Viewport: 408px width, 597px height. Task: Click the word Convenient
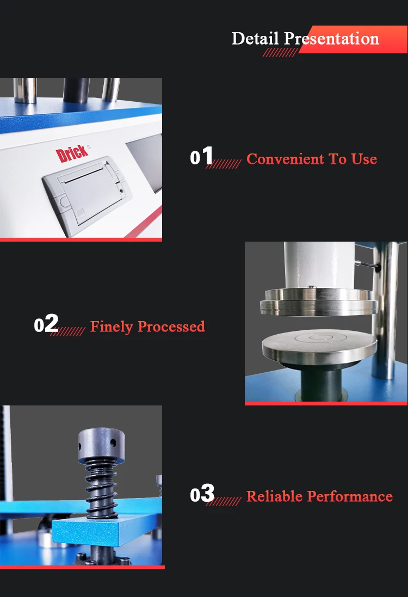click(x=283, y=159)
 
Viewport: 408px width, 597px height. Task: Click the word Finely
click(x=111, y=327)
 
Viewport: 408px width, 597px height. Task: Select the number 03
click(x=202, y=494)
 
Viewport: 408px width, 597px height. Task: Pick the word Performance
click(x=349, y=496)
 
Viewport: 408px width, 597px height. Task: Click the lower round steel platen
click(x=319, y=348)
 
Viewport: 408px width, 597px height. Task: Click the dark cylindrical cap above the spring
click(x=101, y=444)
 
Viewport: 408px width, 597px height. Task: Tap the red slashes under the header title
click(x=280, y=52)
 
